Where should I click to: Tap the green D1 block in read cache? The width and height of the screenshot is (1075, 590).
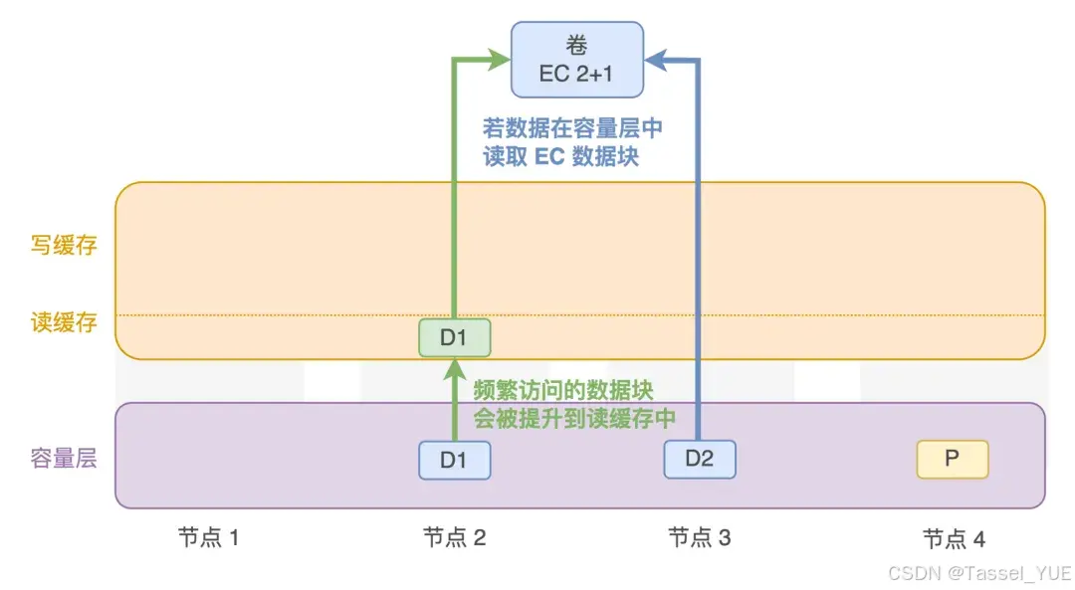click(x=454, y=338)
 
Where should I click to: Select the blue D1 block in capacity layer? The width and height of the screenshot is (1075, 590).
click(x=454, y=460)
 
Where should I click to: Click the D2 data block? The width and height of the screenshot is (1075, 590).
click(x=700, y=459)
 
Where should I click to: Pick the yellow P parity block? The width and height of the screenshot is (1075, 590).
click(x=952, y=459)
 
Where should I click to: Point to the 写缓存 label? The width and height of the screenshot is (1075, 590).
click(x=64, y=245)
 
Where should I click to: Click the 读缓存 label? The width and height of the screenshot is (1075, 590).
click(x=64, y=322)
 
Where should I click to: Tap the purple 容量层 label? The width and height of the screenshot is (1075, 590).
click(x=64, y=459)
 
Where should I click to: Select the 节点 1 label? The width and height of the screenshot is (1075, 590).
click(x=209, y=538)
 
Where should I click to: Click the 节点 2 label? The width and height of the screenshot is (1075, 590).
click(x=454, y=538)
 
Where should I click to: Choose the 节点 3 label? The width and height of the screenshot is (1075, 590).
click(x=699, y=538)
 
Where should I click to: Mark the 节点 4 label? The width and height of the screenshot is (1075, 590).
click(x=954, y=539)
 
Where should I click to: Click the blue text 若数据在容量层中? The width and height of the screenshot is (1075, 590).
click(x=573, y=128)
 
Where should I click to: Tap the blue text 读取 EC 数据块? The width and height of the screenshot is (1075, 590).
click(x=560, y=156)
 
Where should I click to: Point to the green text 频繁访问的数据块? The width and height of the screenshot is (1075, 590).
click(x=562, y=390)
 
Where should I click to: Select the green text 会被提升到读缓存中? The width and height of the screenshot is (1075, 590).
click(x=574, y=418)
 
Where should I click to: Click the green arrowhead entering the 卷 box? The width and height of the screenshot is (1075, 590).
click(x=500, y=60)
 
